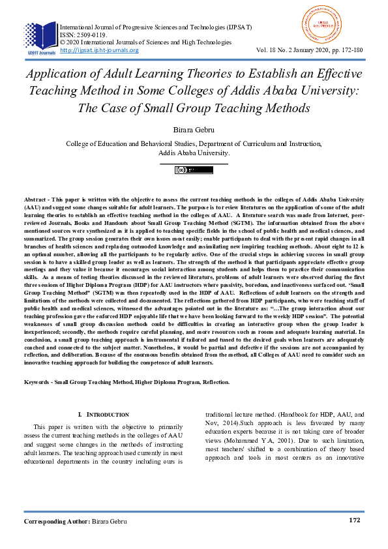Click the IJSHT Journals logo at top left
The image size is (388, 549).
[x=40, y=37]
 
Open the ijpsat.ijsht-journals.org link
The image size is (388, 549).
[x=99, y=50]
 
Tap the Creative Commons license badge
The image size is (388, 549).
[x=194, y=171]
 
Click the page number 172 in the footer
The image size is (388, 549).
[x=354, y=521]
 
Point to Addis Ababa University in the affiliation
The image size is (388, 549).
[x=194, y=153]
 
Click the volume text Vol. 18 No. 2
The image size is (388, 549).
[x=278, y=50]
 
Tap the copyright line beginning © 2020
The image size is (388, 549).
[x=145, y=42]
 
